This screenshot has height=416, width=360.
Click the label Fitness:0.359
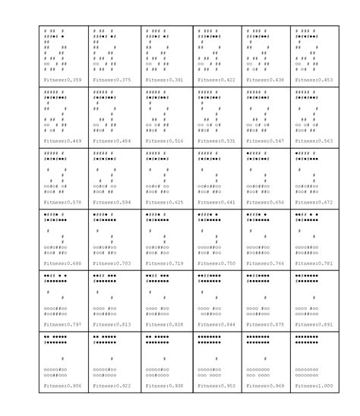point(64,79)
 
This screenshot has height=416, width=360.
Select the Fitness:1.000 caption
point(316,386)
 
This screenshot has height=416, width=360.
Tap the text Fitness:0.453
point(316,79)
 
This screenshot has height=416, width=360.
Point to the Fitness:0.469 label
point(64,140)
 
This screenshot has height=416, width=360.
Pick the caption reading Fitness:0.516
point(164,140)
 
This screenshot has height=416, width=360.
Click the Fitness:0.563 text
point(316,140)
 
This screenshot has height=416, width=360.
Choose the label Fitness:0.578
point(64,202)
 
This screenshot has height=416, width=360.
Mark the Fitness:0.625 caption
point(164,202)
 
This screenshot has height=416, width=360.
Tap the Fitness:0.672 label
point(316,202)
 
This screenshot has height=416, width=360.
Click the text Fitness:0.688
point(64,263)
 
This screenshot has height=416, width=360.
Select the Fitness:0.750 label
point(216,263)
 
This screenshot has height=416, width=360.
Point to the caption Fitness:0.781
point(316,263)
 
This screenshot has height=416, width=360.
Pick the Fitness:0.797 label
point(64,324)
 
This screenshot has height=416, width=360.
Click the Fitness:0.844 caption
point(216,324)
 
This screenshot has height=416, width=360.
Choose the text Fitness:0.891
point(316,324)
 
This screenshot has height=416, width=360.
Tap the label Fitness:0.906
point(64,386)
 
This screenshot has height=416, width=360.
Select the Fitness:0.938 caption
point(164,386)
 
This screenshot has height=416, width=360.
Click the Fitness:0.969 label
point(266,386)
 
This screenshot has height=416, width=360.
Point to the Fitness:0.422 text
point(216,79)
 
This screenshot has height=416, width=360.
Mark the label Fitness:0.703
point(114,263)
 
